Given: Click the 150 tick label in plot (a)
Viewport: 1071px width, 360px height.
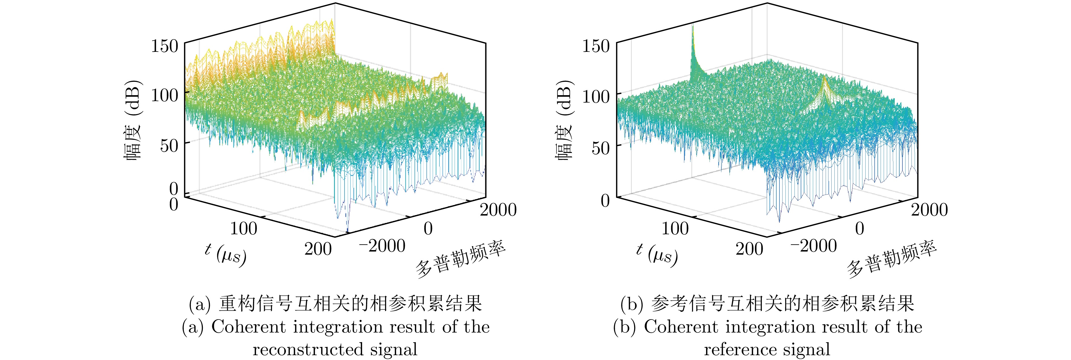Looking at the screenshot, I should click(165, 46).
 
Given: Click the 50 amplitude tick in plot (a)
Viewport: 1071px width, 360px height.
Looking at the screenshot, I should click(169, 146).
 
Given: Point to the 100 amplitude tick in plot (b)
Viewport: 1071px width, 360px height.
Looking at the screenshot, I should click(596, 96).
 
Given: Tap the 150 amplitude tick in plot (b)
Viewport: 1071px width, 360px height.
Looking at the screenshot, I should click(596, 46).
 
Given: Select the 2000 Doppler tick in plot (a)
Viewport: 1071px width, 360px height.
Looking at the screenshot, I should click(498, 210).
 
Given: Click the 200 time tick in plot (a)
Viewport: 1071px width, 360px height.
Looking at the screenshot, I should click(318, 249).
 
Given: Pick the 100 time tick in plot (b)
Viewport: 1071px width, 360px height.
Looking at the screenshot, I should click(675, 228).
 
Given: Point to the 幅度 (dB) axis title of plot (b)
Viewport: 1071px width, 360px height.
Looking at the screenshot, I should click(564, 121).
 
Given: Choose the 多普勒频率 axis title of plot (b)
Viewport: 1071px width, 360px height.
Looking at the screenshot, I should click(892, 260).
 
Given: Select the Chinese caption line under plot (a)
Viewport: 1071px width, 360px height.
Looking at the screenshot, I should click(335, 304).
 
